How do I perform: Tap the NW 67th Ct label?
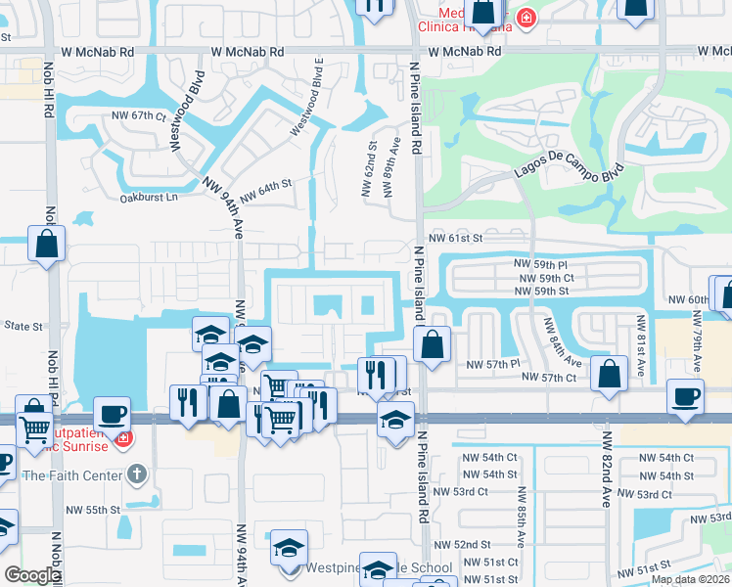point(136,115)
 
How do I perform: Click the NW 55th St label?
point(93,510)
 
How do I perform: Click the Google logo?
point(31,575)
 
